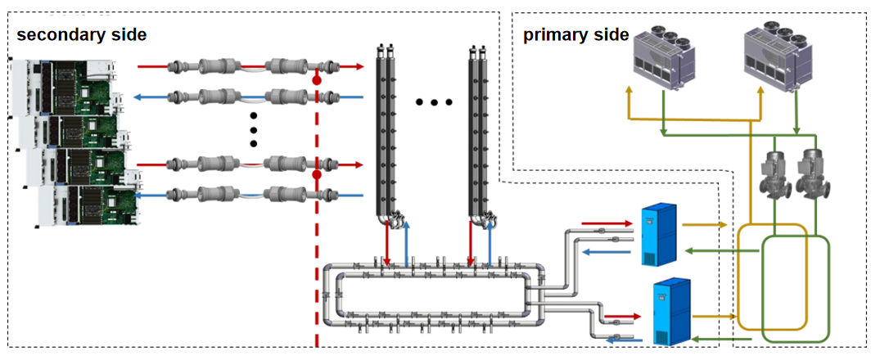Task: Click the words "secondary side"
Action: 81,34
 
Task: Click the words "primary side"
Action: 575,34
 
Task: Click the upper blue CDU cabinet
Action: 660,234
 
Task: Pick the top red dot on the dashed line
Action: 317,81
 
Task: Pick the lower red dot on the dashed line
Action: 317,175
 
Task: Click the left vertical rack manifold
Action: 386,134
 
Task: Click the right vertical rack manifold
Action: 481,134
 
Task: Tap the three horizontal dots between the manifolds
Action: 433,102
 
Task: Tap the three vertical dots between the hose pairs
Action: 253,130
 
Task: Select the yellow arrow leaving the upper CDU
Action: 704,225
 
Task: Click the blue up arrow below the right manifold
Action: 490,242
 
